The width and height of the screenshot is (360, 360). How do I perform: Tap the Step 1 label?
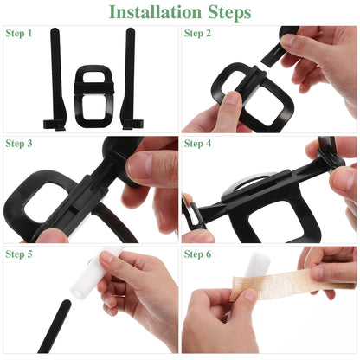19,34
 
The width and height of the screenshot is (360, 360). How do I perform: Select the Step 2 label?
197,34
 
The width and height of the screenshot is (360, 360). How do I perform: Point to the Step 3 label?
19,144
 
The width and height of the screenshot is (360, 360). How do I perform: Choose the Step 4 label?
197,144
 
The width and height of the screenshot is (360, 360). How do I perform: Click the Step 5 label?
19,254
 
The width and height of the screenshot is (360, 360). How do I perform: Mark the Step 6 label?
197,254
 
